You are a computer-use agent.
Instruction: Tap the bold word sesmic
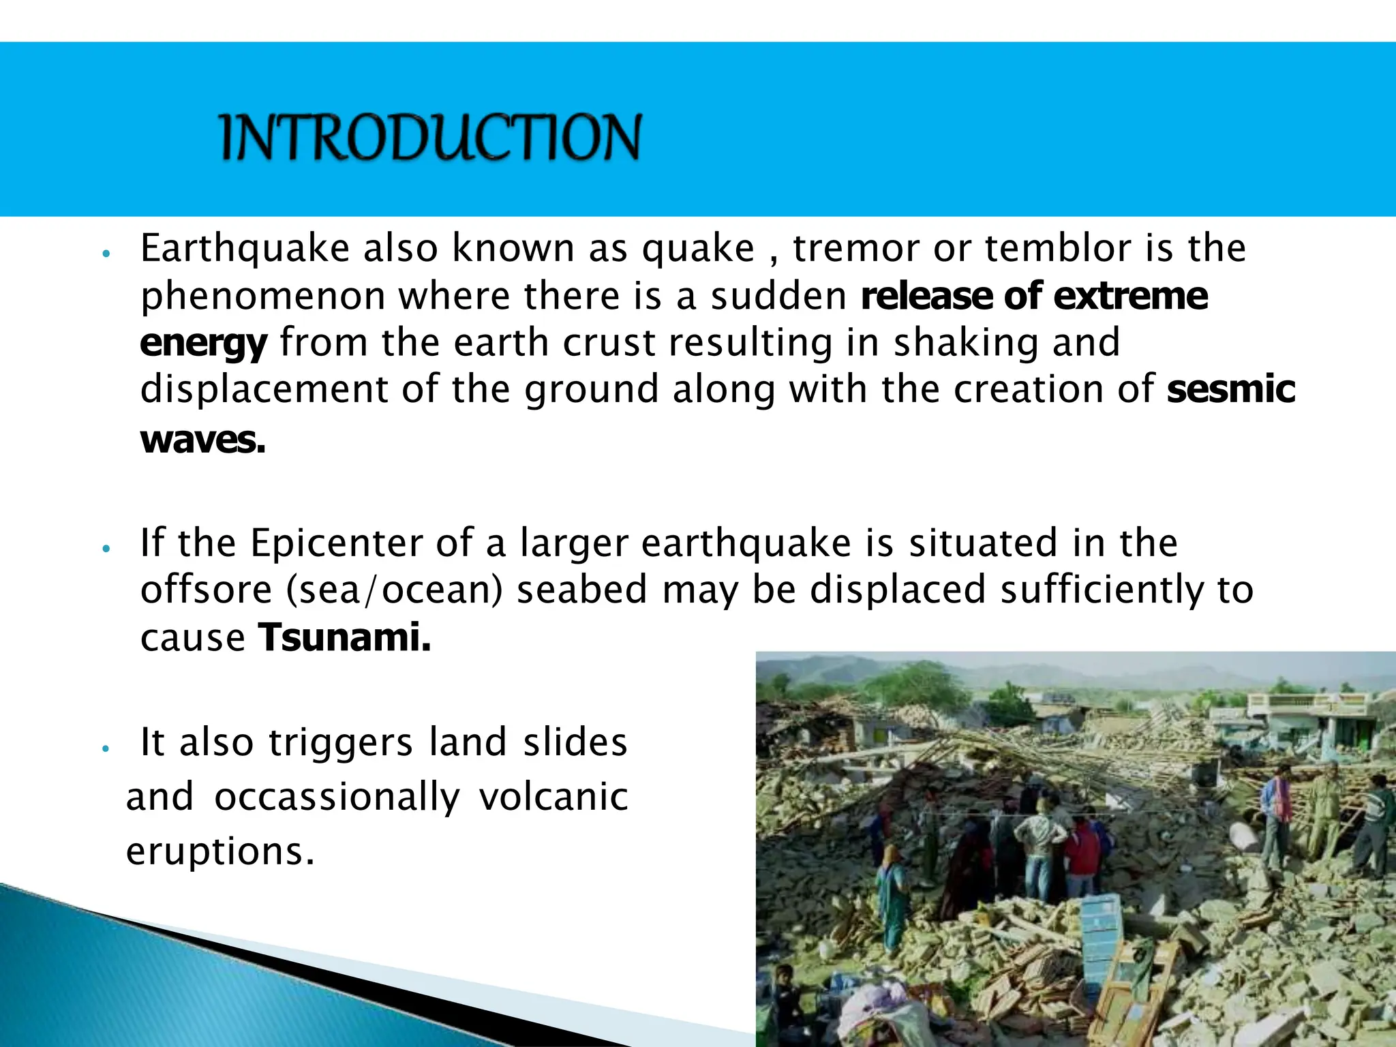(1230, 389)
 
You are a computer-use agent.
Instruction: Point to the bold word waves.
(202, 440)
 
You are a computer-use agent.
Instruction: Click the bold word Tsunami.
(344, 638)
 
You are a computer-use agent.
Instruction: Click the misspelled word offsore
(206, 590)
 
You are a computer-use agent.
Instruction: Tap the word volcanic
(553, 797)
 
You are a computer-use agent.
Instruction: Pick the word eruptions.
(220, 851)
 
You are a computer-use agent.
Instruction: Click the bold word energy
(203, 344)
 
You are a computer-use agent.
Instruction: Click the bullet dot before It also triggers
(105, 748)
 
